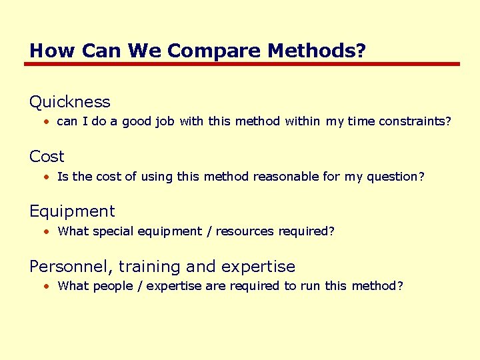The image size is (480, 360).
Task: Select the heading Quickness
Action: point(69,102)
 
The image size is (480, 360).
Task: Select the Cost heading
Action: point(47,157)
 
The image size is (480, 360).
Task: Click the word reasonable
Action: point(289,177)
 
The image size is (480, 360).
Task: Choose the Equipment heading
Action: point(72,211)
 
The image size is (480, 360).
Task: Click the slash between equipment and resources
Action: point(209,231)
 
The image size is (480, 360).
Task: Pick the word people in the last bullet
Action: point(113,286)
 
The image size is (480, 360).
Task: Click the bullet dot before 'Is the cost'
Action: point(48,177)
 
